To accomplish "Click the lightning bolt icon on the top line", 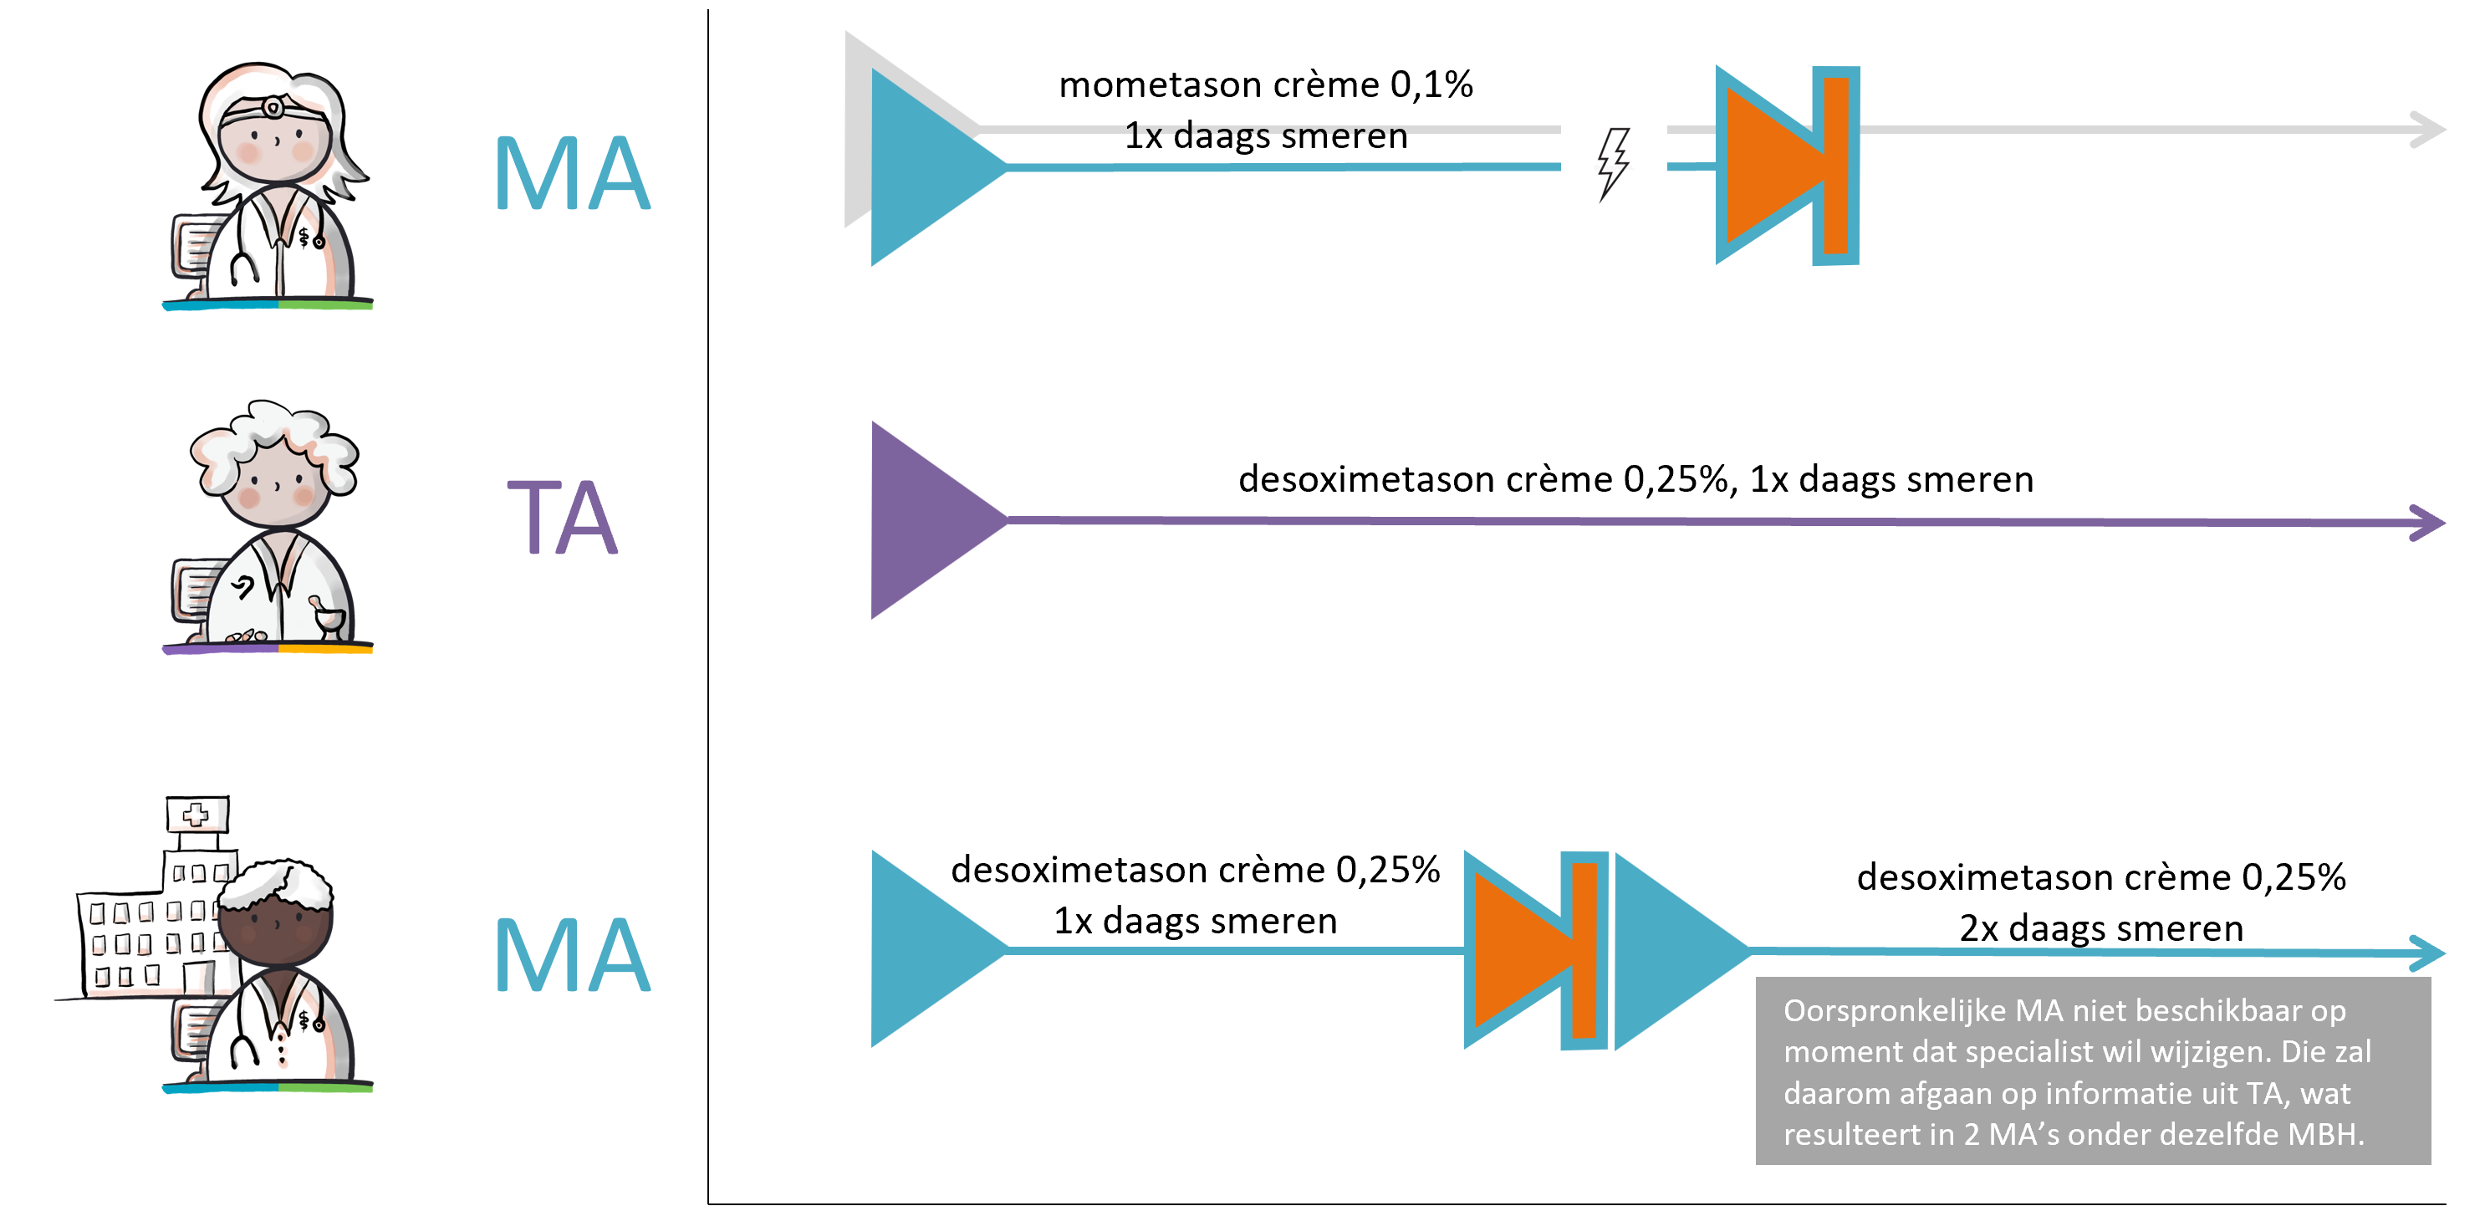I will point(1613,165).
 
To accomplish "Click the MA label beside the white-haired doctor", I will point(572,174).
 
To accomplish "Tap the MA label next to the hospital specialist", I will point(572,955).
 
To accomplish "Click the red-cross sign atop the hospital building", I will point(196,815).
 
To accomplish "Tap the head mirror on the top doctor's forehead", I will point(273,107).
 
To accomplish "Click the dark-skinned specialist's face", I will point(275,926).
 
